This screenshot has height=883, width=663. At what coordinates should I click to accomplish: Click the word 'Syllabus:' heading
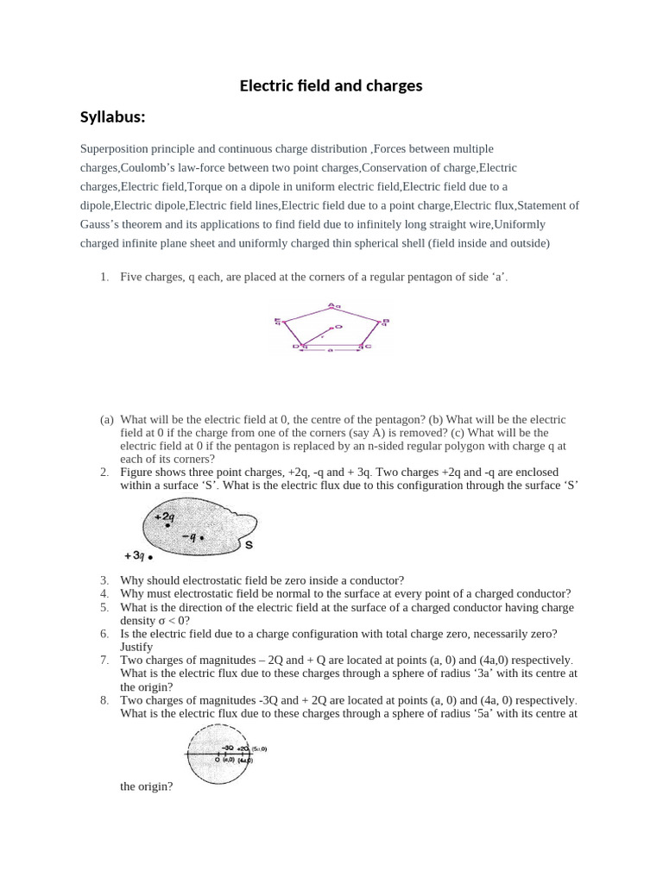[x=112, y=116]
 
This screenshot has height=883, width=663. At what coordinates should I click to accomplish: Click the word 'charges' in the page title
[x=393, y=85]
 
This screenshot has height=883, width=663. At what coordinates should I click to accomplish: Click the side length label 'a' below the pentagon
[x=331, y=351]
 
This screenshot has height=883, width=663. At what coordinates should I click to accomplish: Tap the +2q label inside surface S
[x=163, y=518]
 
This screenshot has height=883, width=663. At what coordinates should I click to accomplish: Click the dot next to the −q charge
[x=202, y=538]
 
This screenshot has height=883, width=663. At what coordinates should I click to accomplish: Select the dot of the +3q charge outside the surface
[x=150, y=558]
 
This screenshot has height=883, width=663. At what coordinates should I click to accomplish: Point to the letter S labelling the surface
[x=249, y=545]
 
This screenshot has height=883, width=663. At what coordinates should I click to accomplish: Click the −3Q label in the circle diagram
[x=228, y=748]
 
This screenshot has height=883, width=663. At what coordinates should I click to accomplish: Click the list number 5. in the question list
[x=104, y=608]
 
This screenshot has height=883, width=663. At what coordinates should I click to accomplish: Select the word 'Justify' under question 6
[x=136, y=647]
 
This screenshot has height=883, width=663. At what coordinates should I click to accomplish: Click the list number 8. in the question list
[x=104, y=700]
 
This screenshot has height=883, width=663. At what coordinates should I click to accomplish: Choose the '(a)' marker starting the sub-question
[x=107, y=419]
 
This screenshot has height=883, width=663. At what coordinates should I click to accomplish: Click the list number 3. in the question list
[x=104, y=580]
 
